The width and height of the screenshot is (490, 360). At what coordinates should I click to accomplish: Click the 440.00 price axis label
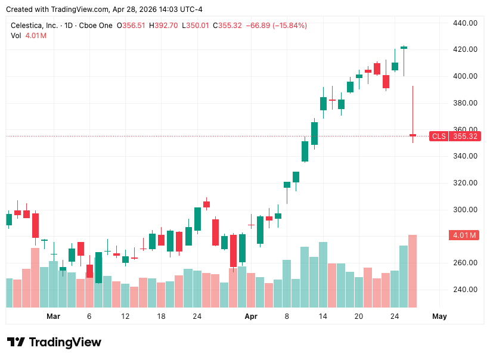point(465,23)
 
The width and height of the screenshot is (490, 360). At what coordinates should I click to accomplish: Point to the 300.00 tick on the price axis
point(465,209)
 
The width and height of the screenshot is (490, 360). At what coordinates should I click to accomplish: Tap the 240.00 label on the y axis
point(465,289)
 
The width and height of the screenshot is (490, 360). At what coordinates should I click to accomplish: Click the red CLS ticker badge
point(438,136)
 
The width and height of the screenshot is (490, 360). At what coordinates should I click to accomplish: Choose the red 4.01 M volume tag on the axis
point(464,235)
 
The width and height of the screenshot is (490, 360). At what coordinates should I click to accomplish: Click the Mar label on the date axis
point(54,316)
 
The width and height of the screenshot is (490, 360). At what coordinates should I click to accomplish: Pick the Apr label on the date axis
point(251,316)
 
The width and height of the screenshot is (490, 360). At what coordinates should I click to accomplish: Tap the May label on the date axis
point(439,316)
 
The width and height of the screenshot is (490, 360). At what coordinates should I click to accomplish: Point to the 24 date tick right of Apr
point(395,316)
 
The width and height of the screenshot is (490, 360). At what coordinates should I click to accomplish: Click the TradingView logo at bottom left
point(54,342)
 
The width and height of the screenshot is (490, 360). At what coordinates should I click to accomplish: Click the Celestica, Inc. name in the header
point(35,26)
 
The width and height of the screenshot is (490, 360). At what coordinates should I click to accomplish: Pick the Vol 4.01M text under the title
point(29,36)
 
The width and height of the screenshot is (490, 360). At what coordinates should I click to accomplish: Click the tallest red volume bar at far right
point(413,271)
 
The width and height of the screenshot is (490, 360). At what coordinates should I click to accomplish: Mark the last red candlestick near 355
point(413,135)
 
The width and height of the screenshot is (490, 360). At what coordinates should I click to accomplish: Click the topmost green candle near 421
point(404,47)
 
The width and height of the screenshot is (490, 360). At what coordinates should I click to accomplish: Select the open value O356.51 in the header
point(131,26)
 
